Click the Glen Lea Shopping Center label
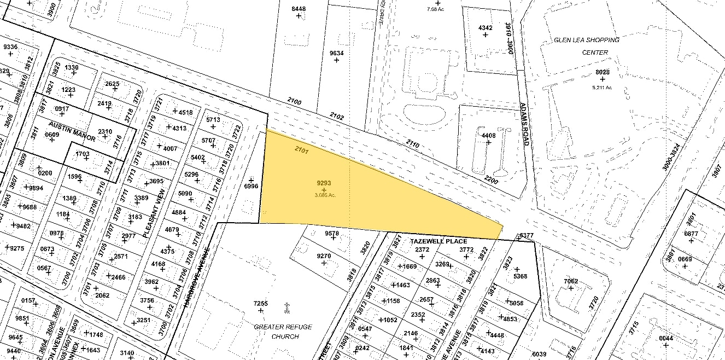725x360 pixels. click(587, 46)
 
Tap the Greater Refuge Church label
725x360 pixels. click(283, 331)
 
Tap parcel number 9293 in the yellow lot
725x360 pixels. click(324, 183)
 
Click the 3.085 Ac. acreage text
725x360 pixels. click(324, 195)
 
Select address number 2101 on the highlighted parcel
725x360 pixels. click(302, 149)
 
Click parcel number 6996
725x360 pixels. click(251, 187)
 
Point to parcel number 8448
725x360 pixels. click(299, 9)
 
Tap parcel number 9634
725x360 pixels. click(336, 53)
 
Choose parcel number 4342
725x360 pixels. click(485, 28)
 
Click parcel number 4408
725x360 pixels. click(488, 135)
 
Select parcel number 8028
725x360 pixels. click(603, 72)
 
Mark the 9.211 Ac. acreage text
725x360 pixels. click(602, 87)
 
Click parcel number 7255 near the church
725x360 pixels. click(261, 304)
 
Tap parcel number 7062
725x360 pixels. click(570, 281)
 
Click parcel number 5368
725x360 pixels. click(519, 276)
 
